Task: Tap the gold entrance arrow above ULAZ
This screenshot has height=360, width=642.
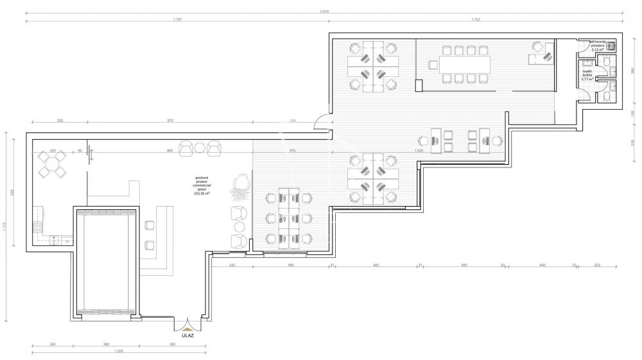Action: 188,327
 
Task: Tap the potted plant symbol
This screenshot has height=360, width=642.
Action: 241,185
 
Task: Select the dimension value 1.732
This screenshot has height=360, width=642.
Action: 476,19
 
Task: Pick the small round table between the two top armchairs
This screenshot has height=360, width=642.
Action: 200,149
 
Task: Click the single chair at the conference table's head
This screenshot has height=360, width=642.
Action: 432,64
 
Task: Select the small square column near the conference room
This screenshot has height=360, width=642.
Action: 419,84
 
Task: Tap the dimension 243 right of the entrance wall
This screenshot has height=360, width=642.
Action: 232,264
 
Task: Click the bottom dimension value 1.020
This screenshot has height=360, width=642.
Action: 118,351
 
